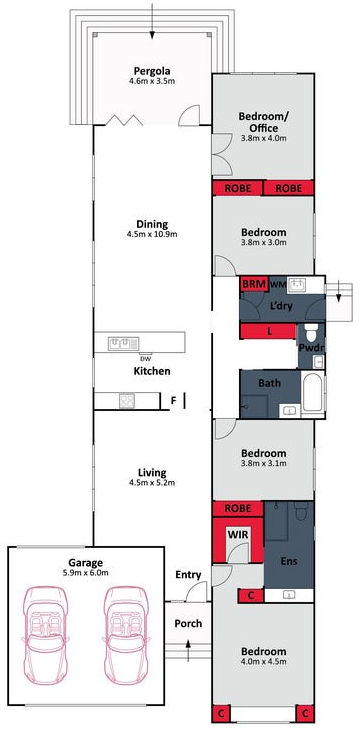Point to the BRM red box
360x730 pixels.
point(253,285)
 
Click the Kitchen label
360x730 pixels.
point(152,372)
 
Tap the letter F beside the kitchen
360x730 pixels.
point(174,401)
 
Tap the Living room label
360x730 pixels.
point(152,472)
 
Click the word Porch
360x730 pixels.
point(188,624)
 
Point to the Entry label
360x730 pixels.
point(188,575)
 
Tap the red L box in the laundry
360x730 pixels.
point(270,332)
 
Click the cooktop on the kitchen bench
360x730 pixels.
point(127,401)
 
